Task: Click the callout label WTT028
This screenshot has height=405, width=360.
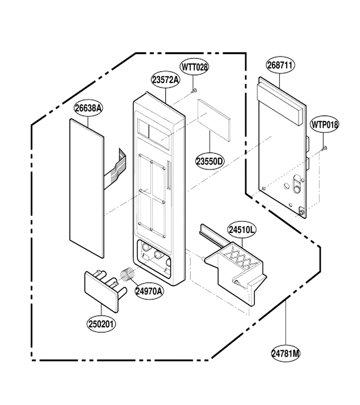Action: [194, 67]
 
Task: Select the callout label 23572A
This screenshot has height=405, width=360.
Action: [166, 80]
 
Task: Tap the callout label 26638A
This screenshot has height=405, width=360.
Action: [88, 108]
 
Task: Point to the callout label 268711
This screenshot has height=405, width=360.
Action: [280, 65]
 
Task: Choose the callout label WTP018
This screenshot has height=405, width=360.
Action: [324, 124]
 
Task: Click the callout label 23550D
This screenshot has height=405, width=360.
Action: [209, 161]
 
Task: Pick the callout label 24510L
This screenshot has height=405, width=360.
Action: [242, 229]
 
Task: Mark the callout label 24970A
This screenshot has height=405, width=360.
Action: [149, 291]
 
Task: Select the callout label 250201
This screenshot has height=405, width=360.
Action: [101, 324]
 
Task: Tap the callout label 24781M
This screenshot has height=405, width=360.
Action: [286, 353]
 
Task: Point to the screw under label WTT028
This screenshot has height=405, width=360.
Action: [193, 90]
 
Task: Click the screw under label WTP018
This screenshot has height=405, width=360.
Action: [324, 148]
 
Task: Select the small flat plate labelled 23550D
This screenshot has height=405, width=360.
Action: [214, 120]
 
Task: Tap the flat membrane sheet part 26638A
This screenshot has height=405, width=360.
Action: [87, 188]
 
